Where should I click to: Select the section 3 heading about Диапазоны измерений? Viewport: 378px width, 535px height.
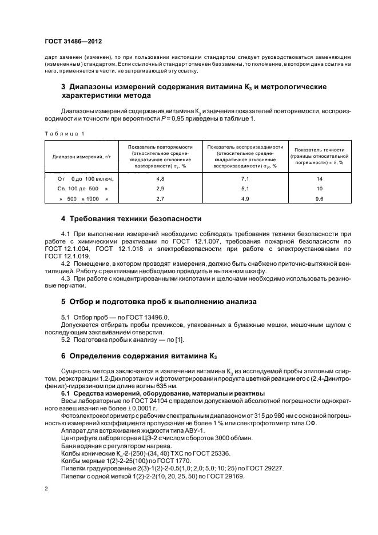coord(193,91)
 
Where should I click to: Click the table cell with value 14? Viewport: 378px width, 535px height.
coord(319,178)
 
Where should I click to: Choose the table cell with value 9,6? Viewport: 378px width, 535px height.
coord(319,198)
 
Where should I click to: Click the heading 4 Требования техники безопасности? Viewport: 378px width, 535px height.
coord(131,219)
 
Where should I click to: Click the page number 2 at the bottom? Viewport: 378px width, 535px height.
coord(46,489)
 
